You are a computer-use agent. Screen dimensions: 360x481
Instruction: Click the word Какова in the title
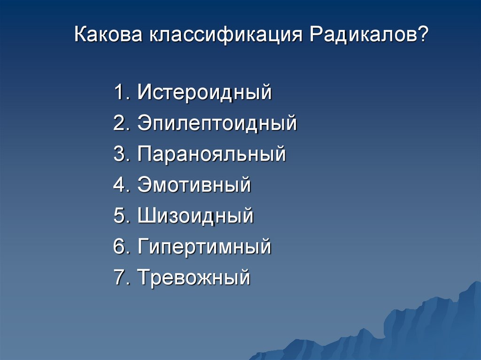tap(109, 36)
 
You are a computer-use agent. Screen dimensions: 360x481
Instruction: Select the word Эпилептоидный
tap(217, 123)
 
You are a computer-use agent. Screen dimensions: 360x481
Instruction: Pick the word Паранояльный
tap(211, 154)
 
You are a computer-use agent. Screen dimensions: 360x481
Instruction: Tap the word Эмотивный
tap(194, 185)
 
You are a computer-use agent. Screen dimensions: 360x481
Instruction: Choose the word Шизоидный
tap(195, 216)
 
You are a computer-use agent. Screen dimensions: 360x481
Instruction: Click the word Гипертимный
tap(204, 247)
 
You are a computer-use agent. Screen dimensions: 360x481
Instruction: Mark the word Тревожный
tap(194, 277)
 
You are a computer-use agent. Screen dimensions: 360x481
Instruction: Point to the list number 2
tap(119, 123)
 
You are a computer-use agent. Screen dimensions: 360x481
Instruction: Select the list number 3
tap(119, 154)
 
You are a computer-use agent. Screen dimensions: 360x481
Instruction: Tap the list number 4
tap(119, 185)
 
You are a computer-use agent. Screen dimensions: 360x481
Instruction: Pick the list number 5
tap(119, 216)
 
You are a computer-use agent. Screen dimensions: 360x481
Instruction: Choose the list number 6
tap(119, 247)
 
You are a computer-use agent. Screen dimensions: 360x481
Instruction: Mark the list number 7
tap(119, 277)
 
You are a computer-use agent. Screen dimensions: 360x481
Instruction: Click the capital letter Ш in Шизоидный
tap(146, 216)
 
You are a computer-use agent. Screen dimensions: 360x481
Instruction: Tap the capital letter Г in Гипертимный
tap(143, 247)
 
